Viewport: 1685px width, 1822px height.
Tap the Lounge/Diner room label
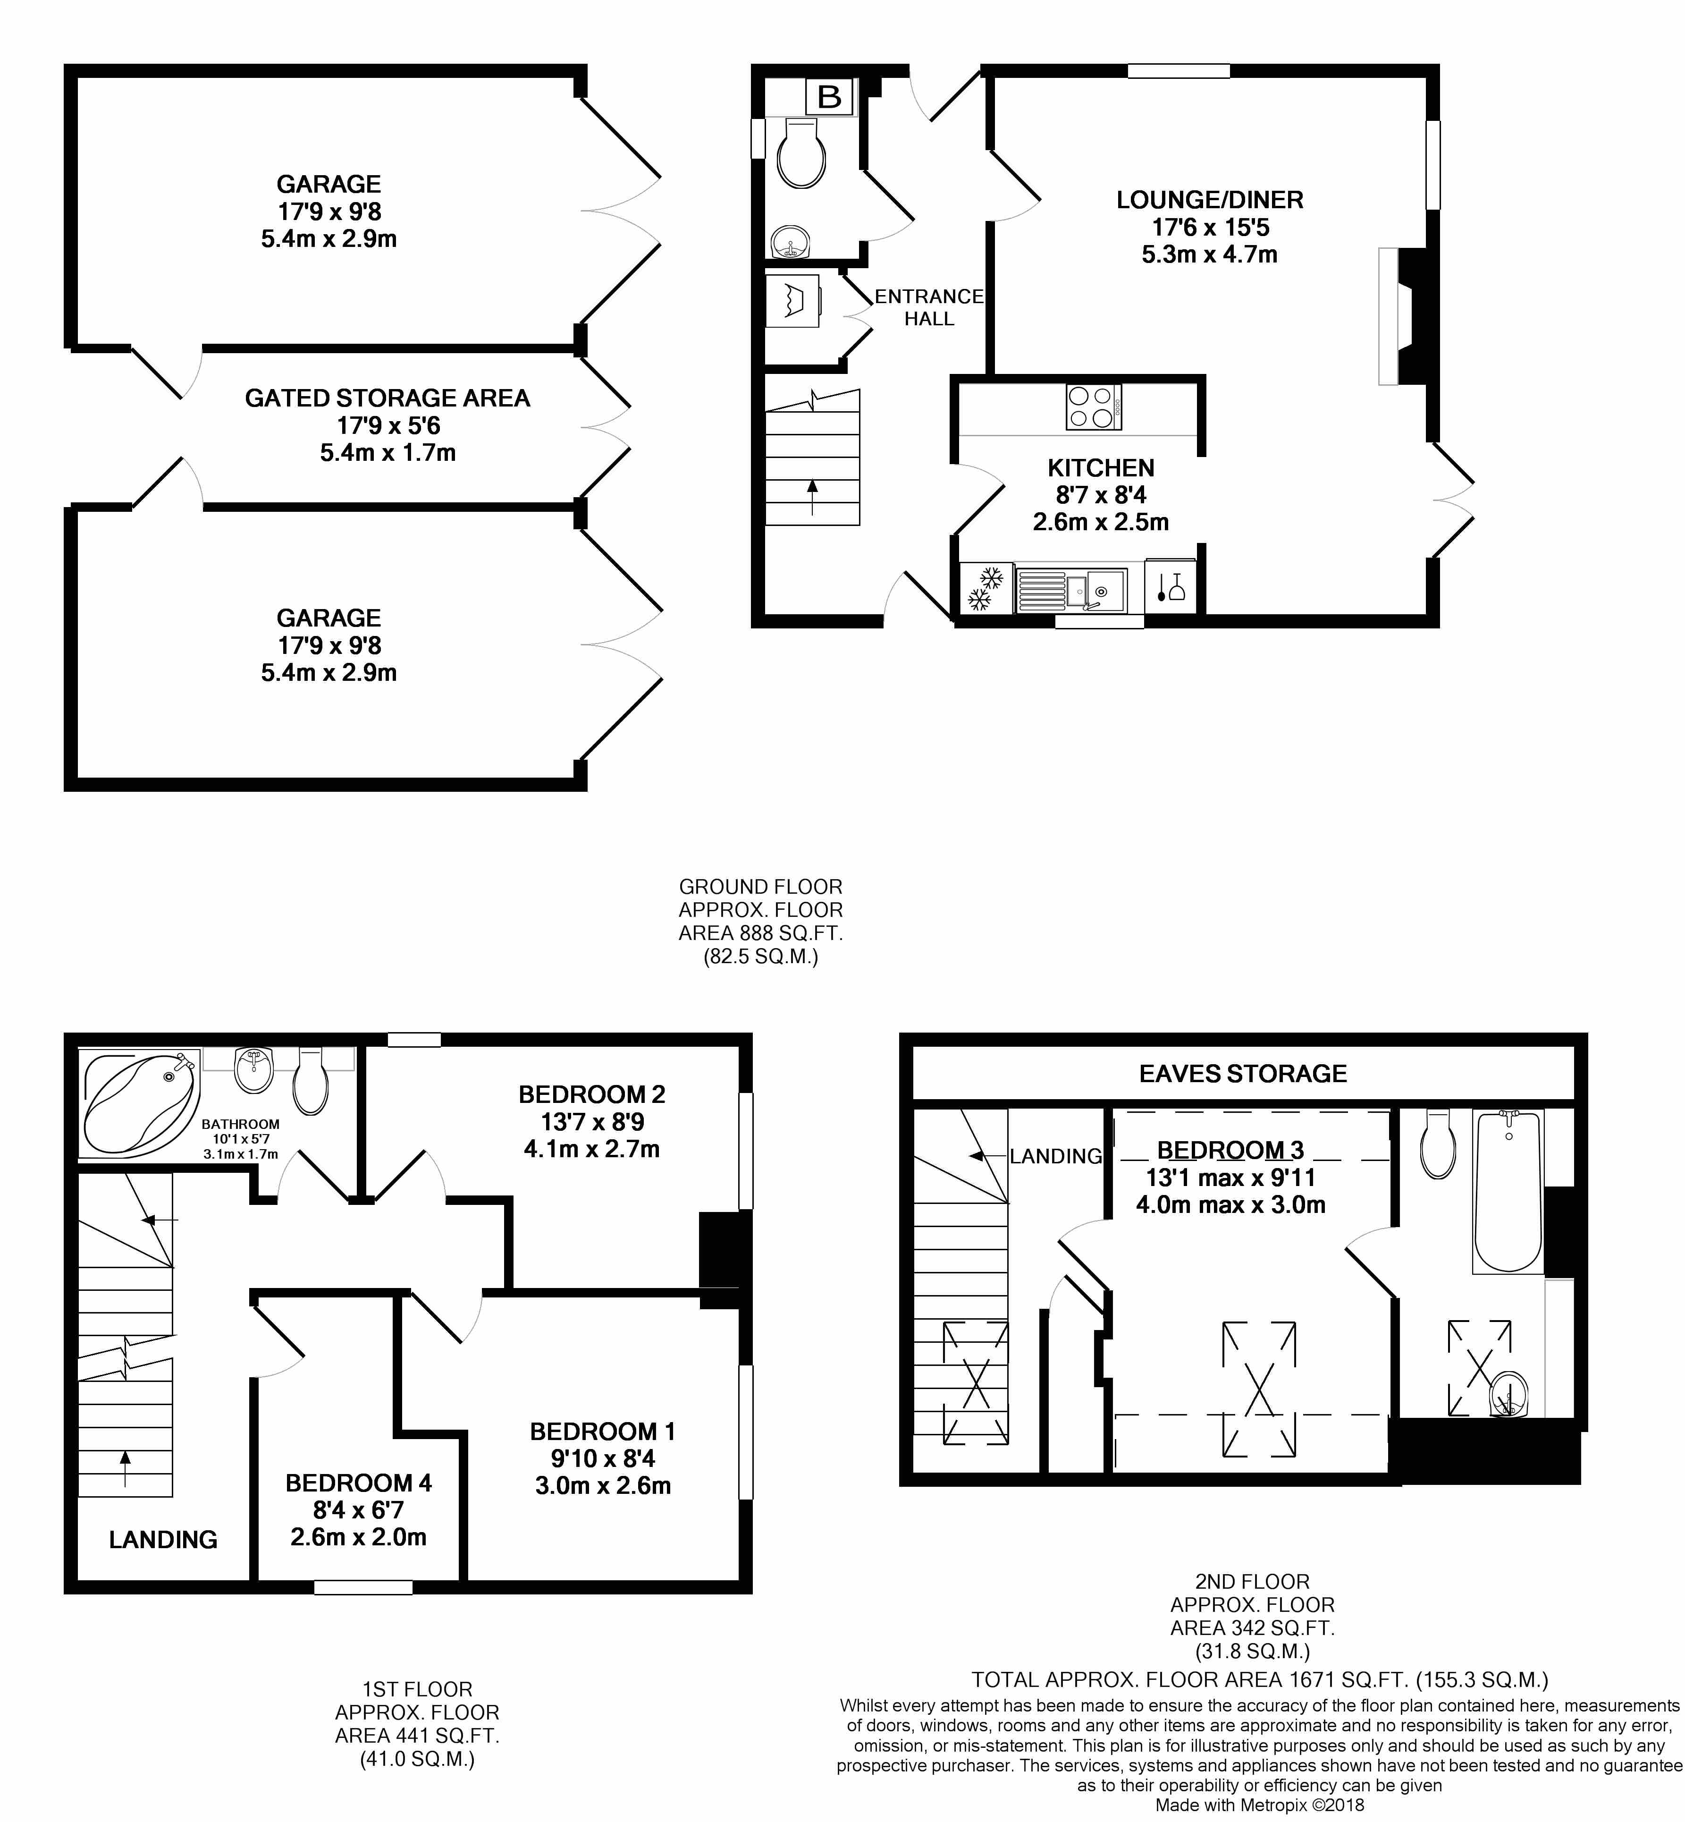click(x=1209, y=200)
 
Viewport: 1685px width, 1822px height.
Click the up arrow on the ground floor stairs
click(x=811, y=497)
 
